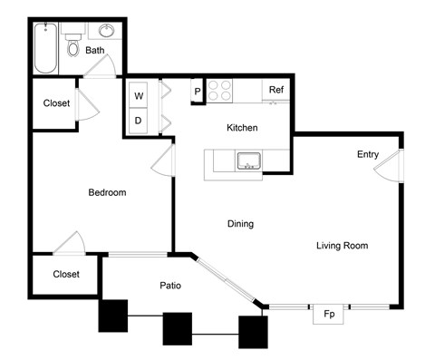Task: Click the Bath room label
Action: pyautogui.click(x=95, y=51)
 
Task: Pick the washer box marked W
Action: pyautogui.click(x=140, y=95)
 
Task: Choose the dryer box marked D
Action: pyautogui.click(x=140, y=120)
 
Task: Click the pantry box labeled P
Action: pyautogui.click(x=197, y=92)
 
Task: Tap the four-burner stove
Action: pyautogui.click(x=220, y=91)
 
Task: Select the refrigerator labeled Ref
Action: pyautogui.click(x=275, y=90)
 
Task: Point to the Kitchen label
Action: pyautogui.click(x=242, y=128)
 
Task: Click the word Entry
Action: pyautogui.click(x=367, y=154)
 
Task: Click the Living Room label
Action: pyautogui.click(x=342, y=246)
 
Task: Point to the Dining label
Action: pyautogui.click(x=240, y=224)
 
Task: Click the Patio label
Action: pyautogui.click(x=170, y=286)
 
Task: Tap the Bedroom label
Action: pyautogui.click(x=106, y=192)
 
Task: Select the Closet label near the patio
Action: pyautogui.click(x=65, y=274)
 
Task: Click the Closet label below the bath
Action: pyautogui.click(x=56, y=103)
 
